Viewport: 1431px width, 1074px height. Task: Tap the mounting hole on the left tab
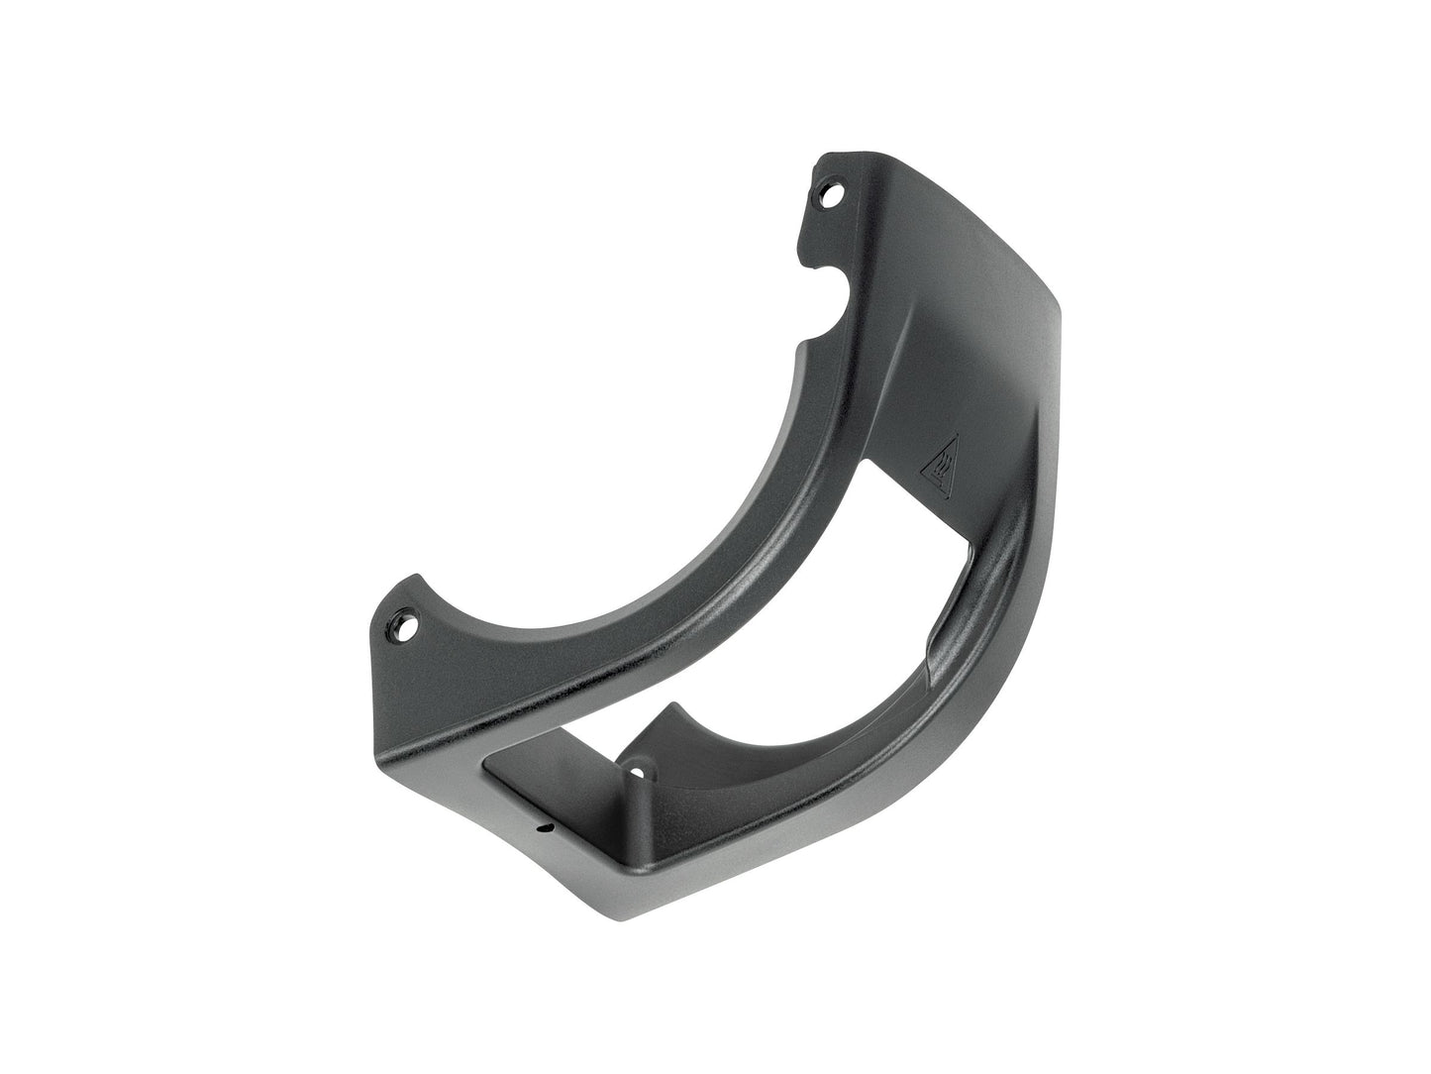point(404,624)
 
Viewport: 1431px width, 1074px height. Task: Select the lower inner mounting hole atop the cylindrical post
point(638,769)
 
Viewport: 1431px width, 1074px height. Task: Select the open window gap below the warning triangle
point(911,555)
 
